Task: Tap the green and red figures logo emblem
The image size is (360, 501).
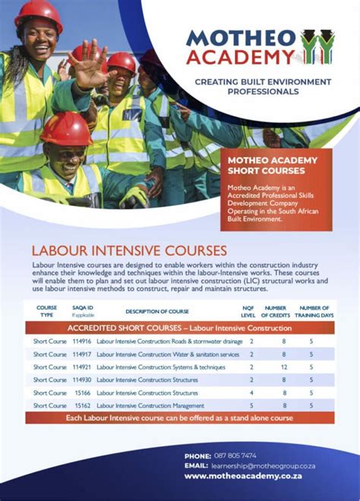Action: [321, 47]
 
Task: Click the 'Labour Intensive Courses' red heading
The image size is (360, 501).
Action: [129, 250]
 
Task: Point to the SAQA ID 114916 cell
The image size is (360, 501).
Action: [82, 342]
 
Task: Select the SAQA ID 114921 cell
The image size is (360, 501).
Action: [82, 367]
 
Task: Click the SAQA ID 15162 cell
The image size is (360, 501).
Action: [82, 406]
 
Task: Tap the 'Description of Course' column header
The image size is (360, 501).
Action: [157, 311]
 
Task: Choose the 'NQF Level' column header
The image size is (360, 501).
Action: [248, 311]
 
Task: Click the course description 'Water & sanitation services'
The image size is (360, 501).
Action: [168, 354]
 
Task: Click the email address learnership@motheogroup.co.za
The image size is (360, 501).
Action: [264, 465]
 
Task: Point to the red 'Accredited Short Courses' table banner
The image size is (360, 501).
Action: [179, 328]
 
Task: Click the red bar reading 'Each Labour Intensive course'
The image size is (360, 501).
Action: [179, 418]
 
